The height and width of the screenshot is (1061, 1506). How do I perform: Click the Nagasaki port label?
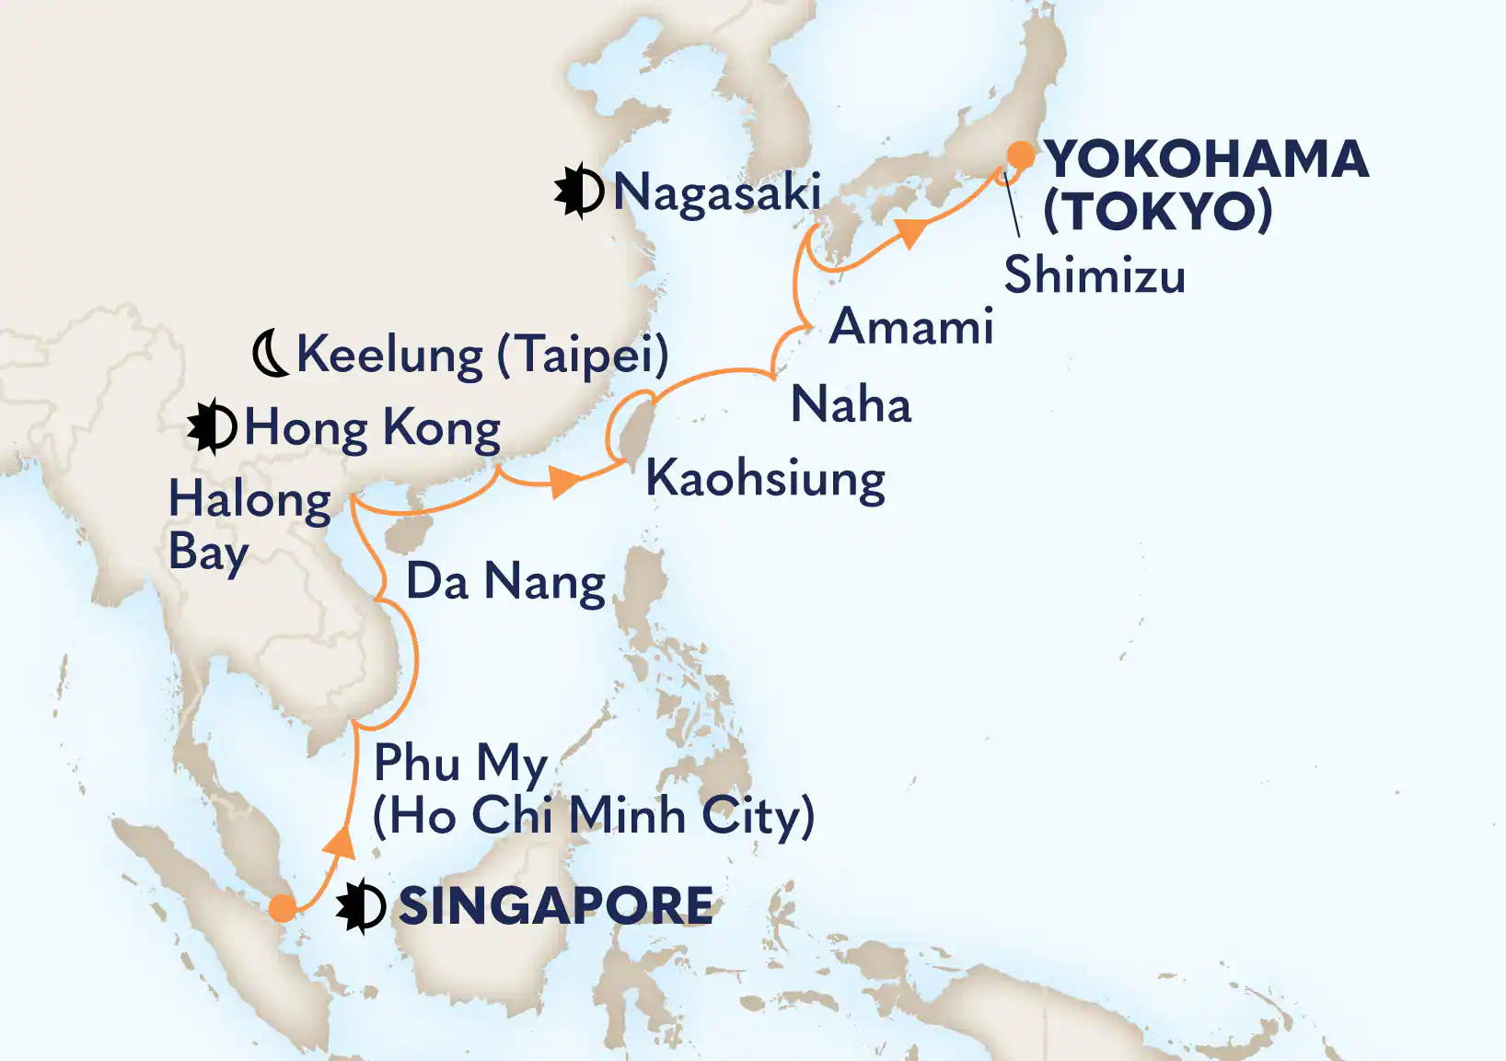coord(716,193)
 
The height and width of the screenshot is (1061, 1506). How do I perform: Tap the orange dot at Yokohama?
coord(1020,155)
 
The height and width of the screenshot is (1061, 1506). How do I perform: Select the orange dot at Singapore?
coord(283,909)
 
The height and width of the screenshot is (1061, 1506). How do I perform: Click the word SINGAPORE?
coord(555,906)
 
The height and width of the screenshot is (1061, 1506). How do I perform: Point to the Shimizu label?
coord(1095,275)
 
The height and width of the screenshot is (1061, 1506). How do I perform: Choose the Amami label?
coord(911,327)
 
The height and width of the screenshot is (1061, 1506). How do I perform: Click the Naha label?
coord(851,405)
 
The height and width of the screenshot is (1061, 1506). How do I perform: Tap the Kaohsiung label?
coord(765,480)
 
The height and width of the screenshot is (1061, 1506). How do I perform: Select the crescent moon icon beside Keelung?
coord(272,356)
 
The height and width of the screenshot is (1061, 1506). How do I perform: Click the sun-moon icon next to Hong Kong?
coord(212,427)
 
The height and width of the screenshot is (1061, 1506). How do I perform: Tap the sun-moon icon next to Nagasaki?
coord(579,192)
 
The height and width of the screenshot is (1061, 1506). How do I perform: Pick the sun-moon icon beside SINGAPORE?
coord(361,907)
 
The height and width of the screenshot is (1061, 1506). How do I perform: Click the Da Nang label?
coord(505,582)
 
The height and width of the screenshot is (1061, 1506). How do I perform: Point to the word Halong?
coord(249,502)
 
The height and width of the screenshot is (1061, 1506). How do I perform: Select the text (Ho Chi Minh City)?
coord(594,816)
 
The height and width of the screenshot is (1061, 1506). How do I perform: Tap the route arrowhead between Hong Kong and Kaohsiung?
coord(563,482)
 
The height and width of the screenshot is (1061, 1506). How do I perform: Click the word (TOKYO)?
coord(1157,211)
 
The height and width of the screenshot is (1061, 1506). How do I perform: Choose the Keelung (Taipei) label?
coord(482,356)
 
